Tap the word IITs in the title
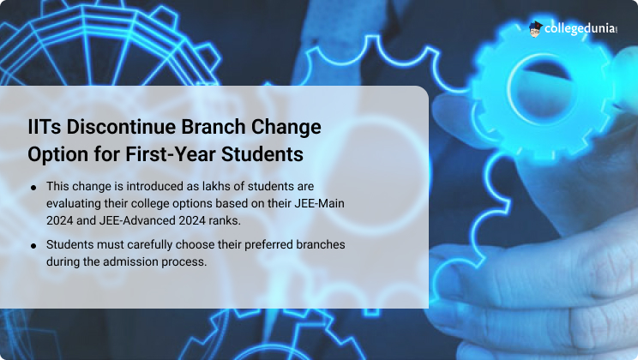coord(45,127)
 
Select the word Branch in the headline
coord(214,127)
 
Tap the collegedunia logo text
coord(579,28)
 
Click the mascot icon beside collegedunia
coord(535,29)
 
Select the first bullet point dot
coord(33,188)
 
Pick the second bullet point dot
coord(33,246)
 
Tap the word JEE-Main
coord(319,203)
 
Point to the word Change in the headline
coord(286,128)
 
